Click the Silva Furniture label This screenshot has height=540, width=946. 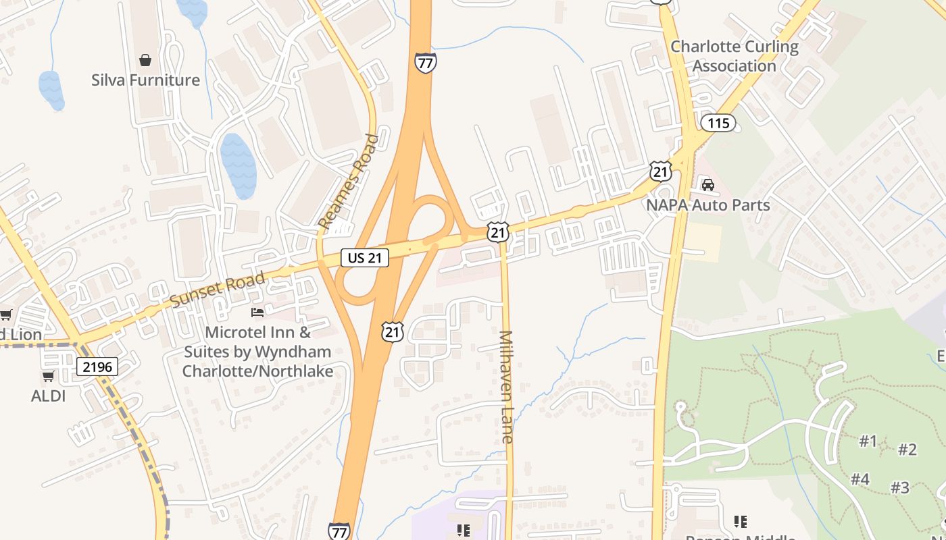145,80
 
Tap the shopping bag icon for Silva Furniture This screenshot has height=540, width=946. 145,60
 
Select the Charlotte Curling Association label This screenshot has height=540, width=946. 734,56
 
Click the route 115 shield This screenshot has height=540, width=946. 718,123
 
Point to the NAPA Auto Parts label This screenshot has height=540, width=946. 707,205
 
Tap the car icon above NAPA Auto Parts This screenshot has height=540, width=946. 707,184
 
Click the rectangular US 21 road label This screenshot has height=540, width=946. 365,257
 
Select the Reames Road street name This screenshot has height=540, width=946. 349,182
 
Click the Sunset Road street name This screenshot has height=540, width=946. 218,290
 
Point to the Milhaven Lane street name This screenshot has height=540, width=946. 506,386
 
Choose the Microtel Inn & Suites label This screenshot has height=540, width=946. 257,352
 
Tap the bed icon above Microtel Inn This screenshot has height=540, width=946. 257,312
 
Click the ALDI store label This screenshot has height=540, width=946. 49,396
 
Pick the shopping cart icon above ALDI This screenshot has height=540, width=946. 48,376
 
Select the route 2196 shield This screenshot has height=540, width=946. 97,367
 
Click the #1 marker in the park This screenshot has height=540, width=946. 868,441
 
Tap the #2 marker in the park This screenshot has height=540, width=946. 907,450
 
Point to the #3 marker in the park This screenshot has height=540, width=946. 899,487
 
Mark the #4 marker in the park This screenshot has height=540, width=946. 860,479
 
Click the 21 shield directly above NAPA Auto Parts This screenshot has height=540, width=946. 661,171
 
